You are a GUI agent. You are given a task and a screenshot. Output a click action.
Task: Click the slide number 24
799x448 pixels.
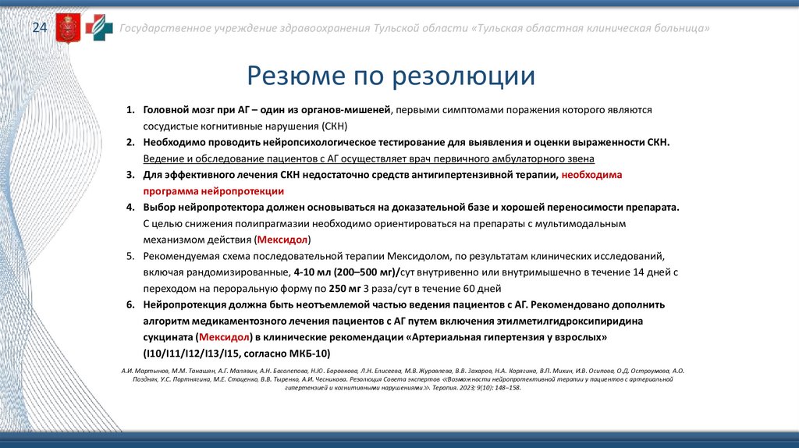point(39,29)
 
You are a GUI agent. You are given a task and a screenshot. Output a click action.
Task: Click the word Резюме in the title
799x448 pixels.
point(293,76)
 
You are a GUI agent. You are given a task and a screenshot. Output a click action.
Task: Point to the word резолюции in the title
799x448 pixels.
point(463,76)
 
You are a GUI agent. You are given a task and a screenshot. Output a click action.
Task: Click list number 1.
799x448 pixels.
point(131,110)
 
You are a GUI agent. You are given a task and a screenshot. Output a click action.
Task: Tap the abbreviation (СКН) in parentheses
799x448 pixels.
point(333,126)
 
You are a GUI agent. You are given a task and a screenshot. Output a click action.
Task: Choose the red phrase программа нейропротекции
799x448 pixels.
point(213,190)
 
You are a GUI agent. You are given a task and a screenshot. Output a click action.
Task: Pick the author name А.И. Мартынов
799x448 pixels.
point(144,370)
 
